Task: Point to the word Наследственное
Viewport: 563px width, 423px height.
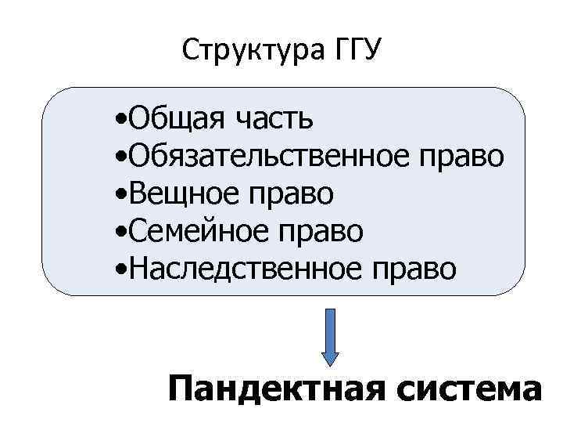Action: pyautogui.click(x=238, y=267)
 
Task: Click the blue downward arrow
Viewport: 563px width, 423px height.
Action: pyautogui.click(x=332, y=335)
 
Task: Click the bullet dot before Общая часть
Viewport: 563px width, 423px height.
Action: pyautogui.click(x=117, y=121)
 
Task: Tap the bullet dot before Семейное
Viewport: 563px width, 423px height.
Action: pyautogui.click(x=117, y=232)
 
